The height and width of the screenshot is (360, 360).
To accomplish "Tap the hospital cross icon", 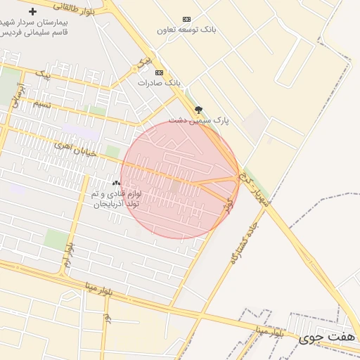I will pos(32,11).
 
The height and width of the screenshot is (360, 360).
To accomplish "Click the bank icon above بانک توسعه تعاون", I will pos(186,19).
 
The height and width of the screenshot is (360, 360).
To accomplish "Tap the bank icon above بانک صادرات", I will pos(159,72).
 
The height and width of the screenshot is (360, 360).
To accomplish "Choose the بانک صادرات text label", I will pos(159,83).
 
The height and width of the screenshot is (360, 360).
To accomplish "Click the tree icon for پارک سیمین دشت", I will pos(198,109).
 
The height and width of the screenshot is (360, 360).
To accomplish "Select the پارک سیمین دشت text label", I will pos(199,120).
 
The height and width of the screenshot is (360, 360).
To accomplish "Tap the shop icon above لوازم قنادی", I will pos(116,182).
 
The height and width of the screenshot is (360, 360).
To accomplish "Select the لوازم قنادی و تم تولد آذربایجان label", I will pos(116,198).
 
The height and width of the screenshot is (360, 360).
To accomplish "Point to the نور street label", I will pos(107,318).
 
